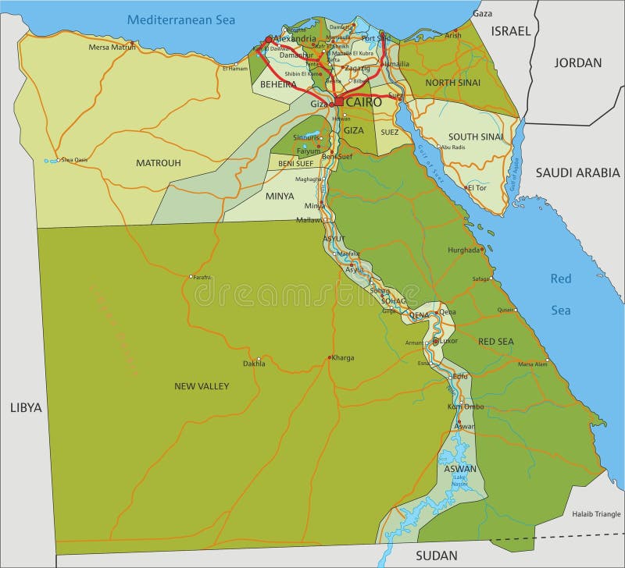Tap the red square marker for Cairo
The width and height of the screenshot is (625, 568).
(x=340, y=101)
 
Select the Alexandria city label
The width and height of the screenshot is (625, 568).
(x=295, y=38)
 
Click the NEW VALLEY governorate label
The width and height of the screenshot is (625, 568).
(x=202, y=386)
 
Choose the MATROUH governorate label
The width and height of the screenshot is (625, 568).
(x=158, y=163)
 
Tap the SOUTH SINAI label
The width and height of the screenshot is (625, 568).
(x=476, y=137)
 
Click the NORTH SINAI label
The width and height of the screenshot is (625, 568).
(x=452, y=82)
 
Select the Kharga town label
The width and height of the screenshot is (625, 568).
(x=342, y=358)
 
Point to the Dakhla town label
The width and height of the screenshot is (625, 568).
(x=254, y=364)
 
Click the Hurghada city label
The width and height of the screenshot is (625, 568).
(x=463, y=250)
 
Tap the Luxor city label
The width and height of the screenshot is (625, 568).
(x=448, y=341)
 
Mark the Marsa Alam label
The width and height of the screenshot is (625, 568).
(x=532, y=364)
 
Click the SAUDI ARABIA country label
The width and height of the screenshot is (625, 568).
(x=577, y=173)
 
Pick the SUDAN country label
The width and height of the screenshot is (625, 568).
(x=436, y=555)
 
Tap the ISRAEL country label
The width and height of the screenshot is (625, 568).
(x=510, y=31)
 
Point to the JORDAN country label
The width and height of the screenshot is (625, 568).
(x=578, y=62)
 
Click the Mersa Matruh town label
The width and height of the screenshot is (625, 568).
(x=112, y=47)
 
